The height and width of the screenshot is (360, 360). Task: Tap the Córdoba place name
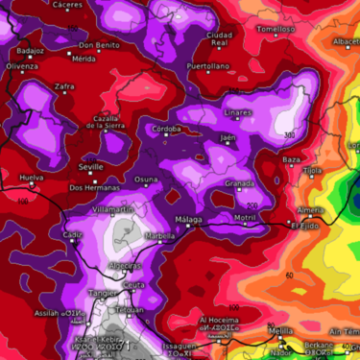tap(168, 128)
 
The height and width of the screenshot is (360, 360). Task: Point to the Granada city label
tap(239, 182)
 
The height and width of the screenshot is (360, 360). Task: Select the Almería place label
tap(311, 209)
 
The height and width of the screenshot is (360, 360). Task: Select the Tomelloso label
tap(277, 29)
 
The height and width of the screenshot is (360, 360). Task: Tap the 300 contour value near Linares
tap(289, 134)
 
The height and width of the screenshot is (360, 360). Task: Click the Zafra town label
tap(64, 86)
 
